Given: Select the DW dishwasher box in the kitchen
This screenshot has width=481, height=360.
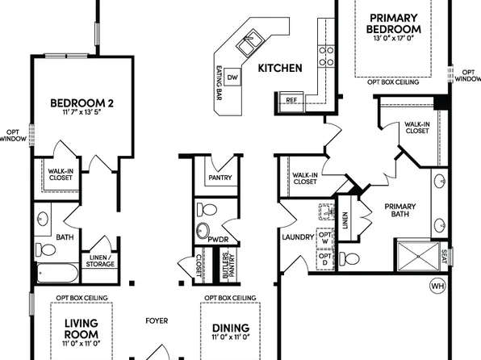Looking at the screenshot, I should click(x=232, y=77).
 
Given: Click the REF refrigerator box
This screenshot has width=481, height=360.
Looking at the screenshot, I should click(x=292, y=100).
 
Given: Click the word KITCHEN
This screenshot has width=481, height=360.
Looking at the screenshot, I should click(x=280, y=69).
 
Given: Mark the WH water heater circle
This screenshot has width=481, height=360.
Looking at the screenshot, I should click(x=437, y=286).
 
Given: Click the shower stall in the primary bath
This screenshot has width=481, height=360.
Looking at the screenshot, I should click(x=417, y=258).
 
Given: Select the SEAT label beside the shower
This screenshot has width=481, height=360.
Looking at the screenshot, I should click(x=444, y=257).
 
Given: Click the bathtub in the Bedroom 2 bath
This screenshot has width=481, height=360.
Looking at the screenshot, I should click(x=56, y=272).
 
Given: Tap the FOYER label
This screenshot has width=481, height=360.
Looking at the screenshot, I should click(x=157, y=320).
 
